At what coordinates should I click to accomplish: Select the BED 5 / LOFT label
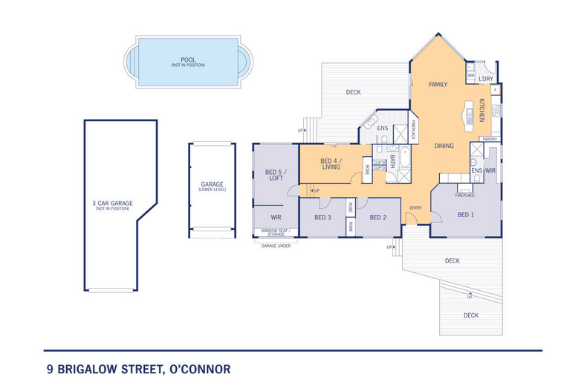coord(276,176)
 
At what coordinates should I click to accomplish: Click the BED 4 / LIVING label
coord(331,164)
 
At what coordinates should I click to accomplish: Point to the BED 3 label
coord(322,217)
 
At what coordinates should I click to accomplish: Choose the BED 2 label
coord(377,217)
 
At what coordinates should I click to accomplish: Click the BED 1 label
coord(465,214)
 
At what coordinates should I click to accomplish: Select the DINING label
coord(444,146)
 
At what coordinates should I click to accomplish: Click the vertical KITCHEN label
coord(481,110)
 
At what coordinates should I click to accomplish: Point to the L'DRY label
coord(486,79)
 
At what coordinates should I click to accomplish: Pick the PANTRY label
coord(490,139)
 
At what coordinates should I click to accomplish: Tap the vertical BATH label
coord(392,161)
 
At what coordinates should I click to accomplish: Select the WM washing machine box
coord(471,75)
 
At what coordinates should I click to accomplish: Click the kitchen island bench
coord(470,113)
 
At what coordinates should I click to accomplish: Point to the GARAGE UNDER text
coord(276,245)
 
